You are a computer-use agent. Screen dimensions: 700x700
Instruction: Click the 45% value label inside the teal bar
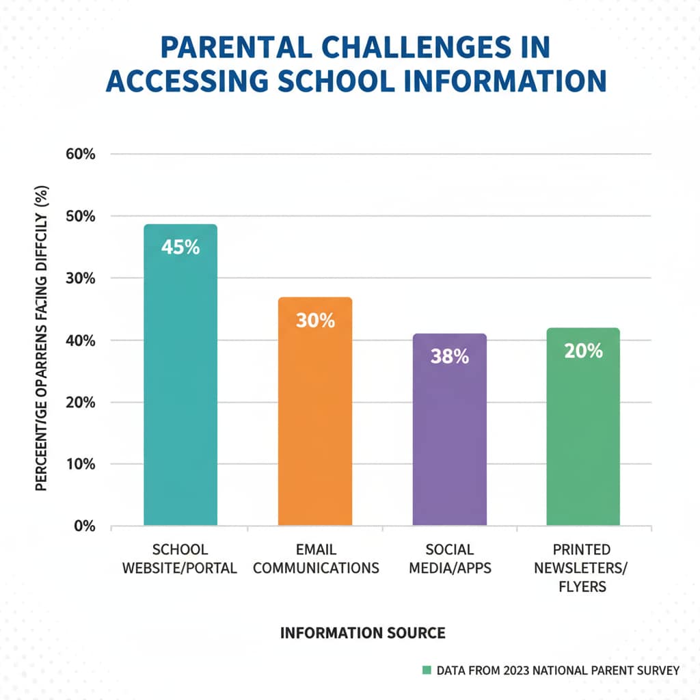pyautogui.click(x=180, y=247)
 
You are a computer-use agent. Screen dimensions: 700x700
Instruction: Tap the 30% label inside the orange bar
pyautogui.click(x=315, y=320)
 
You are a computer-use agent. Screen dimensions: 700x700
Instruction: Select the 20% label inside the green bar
pyautogui.click(x=583, y=351)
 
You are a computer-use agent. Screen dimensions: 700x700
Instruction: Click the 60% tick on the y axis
pyautogui.click(x=80, y=154)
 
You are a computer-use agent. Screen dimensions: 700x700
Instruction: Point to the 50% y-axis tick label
pyautogui.click(x=80, y=216)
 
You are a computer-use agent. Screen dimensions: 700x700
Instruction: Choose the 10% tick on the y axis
pyautogui.click(x=80, y=464)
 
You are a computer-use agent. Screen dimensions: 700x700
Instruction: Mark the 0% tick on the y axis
pyautogui.click(x=83, y=526)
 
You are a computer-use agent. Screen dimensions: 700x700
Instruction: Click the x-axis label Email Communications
pyautogui.click(x=315, y=559)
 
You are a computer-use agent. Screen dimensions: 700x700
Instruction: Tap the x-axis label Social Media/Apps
pyautogui.click(x=449, y=559)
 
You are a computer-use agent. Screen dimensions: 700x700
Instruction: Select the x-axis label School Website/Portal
pyautogui.click(x=180, y=559)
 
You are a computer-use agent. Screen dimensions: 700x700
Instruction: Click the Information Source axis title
pyautogui.click(x=362, y=633)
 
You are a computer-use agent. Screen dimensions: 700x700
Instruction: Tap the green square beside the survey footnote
pyautogui.click(x=427, y=671)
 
